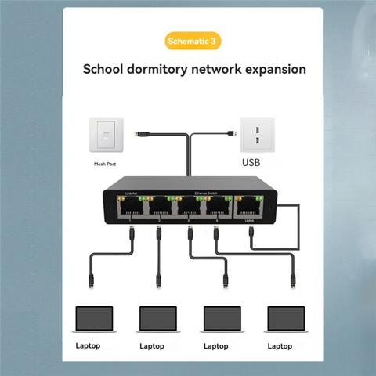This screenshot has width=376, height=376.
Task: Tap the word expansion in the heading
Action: click(x=266, y=69)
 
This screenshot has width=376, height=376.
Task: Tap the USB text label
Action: click(x=251, y=164)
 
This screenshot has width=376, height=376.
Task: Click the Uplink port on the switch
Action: click(x=248, y=208)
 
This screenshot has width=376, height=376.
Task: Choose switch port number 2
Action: click(x=159, y=208)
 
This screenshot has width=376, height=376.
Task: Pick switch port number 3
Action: click(x=189, y=208)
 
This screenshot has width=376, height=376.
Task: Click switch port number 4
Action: click(x=219, y=208)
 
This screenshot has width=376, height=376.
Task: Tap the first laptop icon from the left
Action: click(x=94, y=319)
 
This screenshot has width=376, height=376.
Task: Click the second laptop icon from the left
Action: click(x=159, y=319)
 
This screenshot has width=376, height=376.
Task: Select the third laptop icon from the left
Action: click(x=222, y=319)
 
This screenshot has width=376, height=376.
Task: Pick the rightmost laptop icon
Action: click(x=286, y=319)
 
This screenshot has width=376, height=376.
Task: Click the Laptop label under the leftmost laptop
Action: click(x=87, y=345)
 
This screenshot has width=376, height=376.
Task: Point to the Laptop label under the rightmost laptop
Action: click(x=280, y=345)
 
